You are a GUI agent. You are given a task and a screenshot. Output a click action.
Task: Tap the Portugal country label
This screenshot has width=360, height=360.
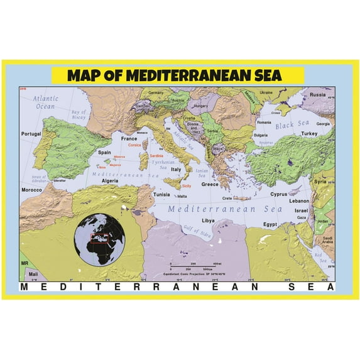(x=30, y=134)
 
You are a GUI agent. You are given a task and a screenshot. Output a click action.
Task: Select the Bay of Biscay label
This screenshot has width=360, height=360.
(x=79, y=114)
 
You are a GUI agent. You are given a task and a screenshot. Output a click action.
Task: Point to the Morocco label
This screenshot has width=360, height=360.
(x=31, y=189)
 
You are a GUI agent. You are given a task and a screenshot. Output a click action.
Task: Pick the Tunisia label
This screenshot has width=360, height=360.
(x=162, y=194)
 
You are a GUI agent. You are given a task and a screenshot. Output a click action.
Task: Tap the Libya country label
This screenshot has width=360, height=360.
(x=207, y=221)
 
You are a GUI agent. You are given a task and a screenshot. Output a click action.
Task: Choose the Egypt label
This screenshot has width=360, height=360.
(x=270, y=224)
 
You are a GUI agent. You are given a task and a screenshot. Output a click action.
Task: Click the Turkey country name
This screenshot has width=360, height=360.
(x=309, y=134)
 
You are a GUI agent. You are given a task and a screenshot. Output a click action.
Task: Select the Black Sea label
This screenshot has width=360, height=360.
(x=293, y=126)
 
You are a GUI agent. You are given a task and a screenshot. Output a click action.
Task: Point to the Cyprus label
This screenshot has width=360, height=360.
(x=278, y=194)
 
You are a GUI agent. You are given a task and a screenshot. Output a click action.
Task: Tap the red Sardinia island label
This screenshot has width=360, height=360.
(x=156, y=155)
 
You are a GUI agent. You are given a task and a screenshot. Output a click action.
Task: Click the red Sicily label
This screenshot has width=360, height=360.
(x=186, y=186)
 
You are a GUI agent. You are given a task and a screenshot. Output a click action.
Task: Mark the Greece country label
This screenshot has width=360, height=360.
(x=210, y=185)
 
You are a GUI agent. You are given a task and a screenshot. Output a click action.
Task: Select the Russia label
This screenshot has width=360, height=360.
(x=317, y=95)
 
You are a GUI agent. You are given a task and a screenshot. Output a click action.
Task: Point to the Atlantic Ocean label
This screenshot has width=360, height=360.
(x=45, y=102)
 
